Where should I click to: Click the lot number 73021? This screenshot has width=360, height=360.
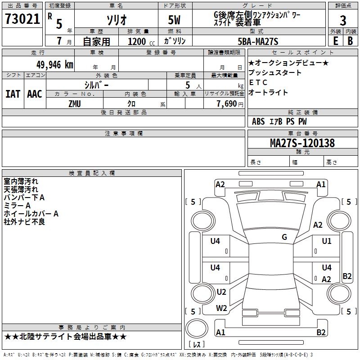22,19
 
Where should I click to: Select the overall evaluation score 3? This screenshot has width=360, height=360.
343,21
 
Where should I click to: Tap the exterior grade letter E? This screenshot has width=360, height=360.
335,40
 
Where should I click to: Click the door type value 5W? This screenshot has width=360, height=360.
175,20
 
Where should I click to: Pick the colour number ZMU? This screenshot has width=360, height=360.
75,103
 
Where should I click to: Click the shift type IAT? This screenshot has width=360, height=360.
13,94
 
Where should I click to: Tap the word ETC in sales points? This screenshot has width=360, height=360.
258,83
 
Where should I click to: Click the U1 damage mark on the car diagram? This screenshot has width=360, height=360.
326,241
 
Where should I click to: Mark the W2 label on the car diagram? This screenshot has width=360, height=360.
221,308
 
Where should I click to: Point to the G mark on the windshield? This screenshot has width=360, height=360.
284,237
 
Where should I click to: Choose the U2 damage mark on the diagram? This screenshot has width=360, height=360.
221,292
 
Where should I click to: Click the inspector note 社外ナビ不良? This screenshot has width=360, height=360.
24,222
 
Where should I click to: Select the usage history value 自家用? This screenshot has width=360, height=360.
96,41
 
